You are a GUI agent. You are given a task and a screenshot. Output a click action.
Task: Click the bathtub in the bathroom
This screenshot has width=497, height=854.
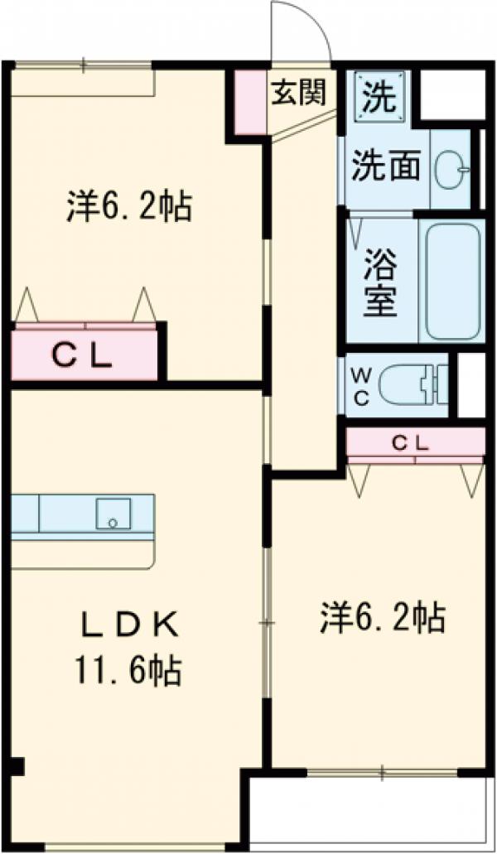point(451,281)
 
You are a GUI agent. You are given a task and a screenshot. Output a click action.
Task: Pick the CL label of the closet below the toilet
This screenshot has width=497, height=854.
point(411,443)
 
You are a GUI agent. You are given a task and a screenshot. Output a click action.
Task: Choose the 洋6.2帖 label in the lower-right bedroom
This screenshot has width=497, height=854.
point(384,617)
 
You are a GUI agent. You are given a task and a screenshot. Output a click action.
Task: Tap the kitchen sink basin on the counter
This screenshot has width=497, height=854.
point(111,514)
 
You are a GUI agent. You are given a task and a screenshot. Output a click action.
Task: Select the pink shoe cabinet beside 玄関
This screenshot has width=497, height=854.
point(250,100)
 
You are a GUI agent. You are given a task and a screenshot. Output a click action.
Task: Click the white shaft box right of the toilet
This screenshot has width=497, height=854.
point(471,385)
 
